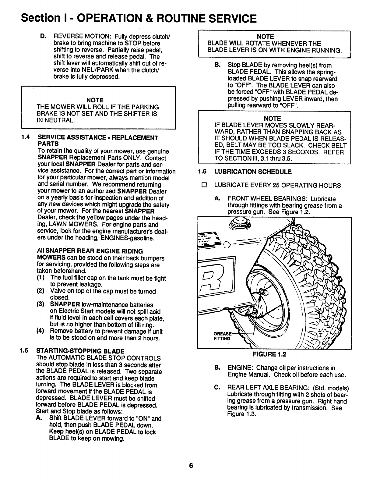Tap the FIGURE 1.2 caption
click(x=269, y=354)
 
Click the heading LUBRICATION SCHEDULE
click(x=253, y=172)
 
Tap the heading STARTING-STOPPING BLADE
click(x=80, y=351)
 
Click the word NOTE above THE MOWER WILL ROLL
click(x=95, y=100)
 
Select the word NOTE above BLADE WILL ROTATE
click(x=266, y=37)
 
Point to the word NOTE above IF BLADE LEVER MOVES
click(x=272, y=118)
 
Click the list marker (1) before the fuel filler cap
click(x=41, y=278)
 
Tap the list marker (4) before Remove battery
click(x=41, y=331)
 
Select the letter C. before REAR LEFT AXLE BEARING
click(x=217, y=388)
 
